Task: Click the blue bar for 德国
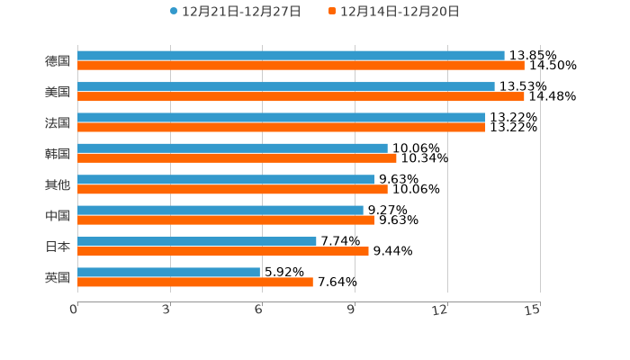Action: (291, 56)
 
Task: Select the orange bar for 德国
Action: (301, 66)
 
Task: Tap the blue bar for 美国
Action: (286, 86)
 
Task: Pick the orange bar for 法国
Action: (281, 127)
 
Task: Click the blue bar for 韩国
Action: (232, 148)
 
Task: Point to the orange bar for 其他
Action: (232, 189)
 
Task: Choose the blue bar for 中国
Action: (220, 211)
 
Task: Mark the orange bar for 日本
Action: (223, 251)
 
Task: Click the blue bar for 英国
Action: (168, 272)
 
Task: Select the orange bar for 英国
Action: (195, 282)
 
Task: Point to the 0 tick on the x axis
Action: (74, 310)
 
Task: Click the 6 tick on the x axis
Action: (258, 310)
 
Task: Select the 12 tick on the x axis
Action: (440, 310)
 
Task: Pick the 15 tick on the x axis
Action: (533, 310)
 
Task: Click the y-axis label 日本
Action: (58, 246)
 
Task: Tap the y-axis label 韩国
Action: (58, 153)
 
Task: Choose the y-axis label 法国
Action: (58, 122)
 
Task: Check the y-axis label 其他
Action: (58, 184)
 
